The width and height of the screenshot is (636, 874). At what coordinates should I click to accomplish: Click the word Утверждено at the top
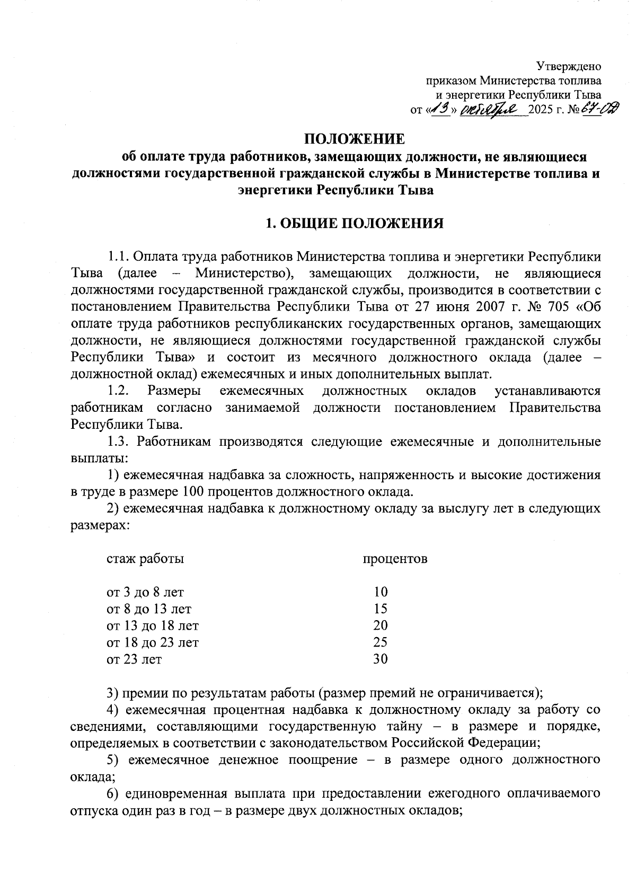(x=569, y=67)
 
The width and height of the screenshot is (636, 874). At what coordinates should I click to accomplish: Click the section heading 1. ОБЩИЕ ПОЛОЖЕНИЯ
(x=354, y=223)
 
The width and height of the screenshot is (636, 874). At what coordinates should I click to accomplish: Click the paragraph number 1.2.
(x=119, y=391)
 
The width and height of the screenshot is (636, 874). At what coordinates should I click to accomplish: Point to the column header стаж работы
(x=146, y=559)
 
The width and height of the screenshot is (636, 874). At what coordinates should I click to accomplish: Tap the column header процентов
(x=395, y=559)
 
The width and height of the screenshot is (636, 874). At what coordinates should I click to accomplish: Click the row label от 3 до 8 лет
(x=146, y=592)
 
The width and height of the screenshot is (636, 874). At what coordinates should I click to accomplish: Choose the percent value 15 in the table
(x=381, y=608)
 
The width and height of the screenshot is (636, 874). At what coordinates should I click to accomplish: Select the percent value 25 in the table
(x=381, y=642)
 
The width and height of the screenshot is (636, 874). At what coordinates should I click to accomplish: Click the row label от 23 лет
(x=135, y=659)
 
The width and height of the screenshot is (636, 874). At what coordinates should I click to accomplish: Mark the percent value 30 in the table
(x=381, y=659)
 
